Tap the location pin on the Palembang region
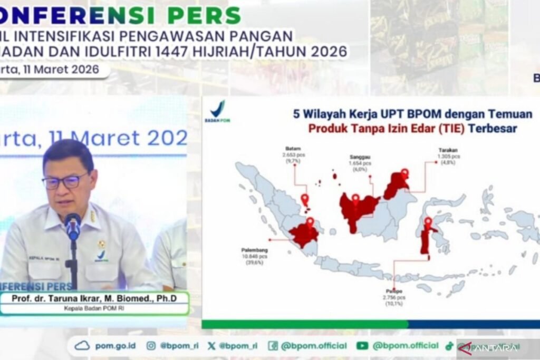tap(310, 222)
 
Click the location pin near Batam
tap(304, 200)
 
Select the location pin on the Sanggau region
tap(355, 199)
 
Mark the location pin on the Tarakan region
tap(404, 173)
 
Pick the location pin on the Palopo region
tap(428, 222)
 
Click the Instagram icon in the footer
tap(151, 346)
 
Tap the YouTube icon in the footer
tap(362, 346)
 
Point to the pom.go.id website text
tap(115, 346)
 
